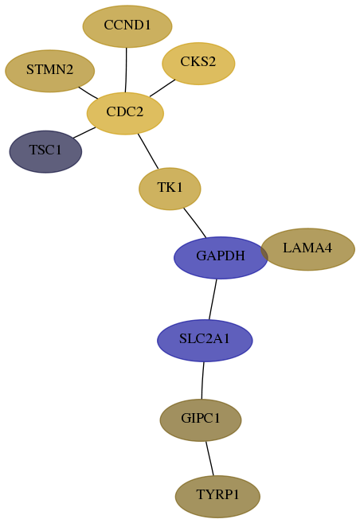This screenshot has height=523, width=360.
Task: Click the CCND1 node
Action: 127,26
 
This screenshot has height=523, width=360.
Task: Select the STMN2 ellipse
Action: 49,71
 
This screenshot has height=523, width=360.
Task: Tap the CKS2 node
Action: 198,64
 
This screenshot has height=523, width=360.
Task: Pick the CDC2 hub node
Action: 125,113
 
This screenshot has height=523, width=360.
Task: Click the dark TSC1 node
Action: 45,152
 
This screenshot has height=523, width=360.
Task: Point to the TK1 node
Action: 170,189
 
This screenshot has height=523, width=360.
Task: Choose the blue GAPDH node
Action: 221,257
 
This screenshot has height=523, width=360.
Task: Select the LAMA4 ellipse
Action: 307,249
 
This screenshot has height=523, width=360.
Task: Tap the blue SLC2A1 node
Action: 205,341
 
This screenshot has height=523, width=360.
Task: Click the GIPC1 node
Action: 201,420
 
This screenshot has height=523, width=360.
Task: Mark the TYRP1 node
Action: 217,497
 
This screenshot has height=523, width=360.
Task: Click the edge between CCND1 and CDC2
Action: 126,70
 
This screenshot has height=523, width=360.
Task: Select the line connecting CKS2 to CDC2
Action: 162,88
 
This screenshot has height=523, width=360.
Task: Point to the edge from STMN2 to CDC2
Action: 88,92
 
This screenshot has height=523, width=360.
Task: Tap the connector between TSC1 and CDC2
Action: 84,132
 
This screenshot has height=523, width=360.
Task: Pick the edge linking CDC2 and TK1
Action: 148,151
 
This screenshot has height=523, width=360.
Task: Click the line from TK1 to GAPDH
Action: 195,223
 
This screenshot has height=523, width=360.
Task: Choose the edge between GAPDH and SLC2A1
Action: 213,299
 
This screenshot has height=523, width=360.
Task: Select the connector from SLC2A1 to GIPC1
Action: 202,381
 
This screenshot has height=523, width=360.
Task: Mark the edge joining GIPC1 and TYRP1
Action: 209,459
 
